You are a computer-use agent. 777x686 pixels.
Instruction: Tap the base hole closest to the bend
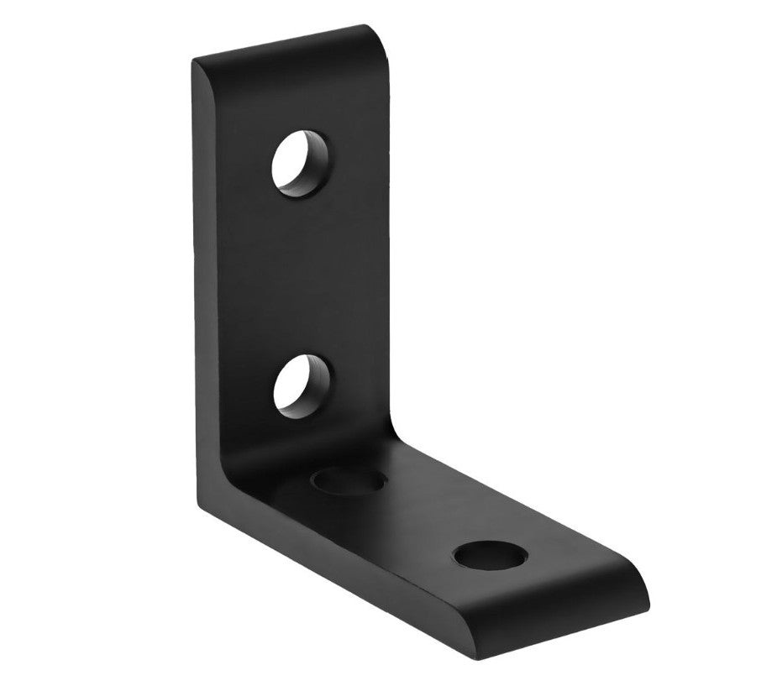pos(349,482)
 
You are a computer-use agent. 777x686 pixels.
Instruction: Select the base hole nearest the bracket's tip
pos(490,555)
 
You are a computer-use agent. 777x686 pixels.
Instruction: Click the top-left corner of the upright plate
pos(195,61)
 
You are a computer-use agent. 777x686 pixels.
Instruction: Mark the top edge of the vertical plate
pos(286,42)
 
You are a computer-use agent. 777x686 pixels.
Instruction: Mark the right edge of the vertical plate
pos(391,252)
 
